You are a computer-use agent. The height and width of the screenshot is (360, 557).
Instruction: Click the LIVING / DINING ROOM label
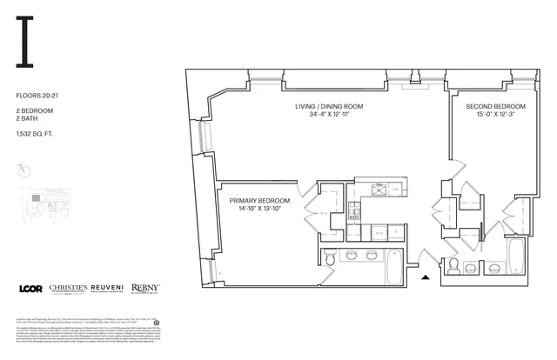point(328,106)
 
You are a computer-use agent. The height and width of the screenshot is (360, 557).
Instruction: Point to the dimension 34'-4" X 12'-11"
point(328,115)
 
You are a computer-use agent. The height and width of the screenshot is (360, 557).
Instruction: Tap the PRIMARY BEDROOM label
point(259,200)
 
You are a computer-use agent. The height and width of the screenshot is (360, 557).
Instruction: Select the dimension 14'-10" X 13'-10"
point(259,209)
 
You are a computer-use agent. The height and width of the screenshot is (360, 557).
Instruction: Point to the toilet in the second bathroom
point(453,266)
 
